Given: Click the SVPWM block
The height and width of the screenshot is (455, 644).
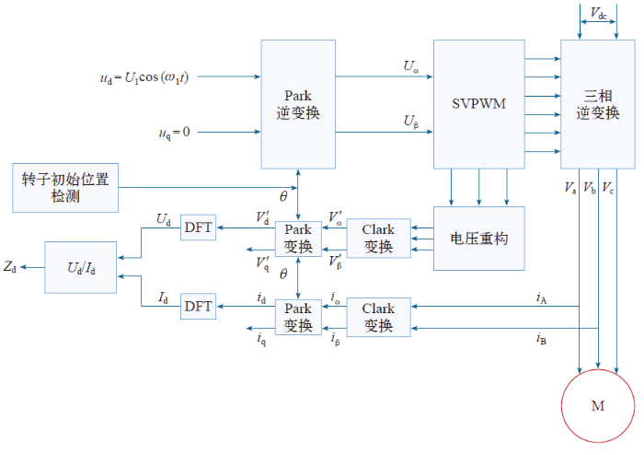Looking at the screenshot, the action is click(x=479, y=104).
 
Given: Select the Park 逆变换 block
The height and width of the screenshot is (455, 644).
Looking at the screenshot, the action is click(x=298, y=104).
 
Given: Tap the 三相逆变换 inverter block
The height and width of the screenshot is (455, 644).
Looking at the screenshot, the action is click(x=598, y=104).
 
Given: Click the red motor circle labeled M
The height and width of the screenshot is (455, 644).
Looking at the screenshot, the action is click(x=598, y=405).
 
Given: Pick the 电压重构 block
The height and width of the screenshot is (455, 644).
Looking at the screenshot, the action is click(x=479, y=239).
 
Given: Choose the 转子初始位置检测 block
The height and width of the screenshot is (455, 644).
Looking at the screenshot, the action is click(x=65, y=188).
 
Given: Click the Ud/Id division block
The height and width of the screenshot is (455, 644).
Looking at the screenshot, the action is click(x=81, y=268).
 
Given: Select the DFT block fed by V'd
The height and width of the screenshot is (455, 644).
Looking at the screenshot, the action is click(x=199, y=227).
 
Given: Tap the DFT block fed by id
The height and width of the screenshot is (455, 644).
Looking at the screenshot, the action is click(x=199, y=306).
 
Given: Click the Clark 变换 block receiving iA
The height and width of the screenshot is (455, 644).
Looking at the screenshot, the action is click(x=378, y=318).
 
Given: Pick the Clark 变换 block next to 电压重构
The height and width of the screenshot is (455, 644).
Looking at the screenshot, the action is click(x=378, y=239).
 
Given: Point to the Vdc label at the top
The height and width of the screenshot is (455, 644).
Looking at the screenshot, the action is click(x=598, y=14).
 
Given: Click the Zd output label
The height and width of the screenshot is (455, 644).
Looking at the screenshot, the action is click(x=10, y=267).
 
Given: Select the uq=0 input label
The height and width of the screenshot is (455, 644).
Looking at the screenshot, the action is click(x=174, y=133).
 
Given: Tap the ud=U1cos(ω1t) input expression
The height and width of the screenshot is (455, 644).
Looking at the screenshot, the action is click(x=144, y=77).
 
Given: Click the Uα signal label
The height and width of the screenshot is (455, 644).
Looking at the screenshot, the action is click(x=410, y=66).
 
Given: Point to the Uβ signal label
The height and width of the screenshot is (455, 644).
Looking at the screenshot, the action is click(x=410, y=122).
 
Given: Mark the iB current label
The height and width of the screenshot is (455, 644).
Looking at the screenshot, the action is click(x=541, y=339).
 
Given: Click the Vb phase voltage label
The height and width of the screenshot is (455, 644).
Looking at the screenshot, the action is click(x=590, y=188).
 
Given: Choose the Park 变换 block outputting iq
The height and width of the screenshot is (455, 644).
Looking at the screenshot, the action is click(x=298, y=318).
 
